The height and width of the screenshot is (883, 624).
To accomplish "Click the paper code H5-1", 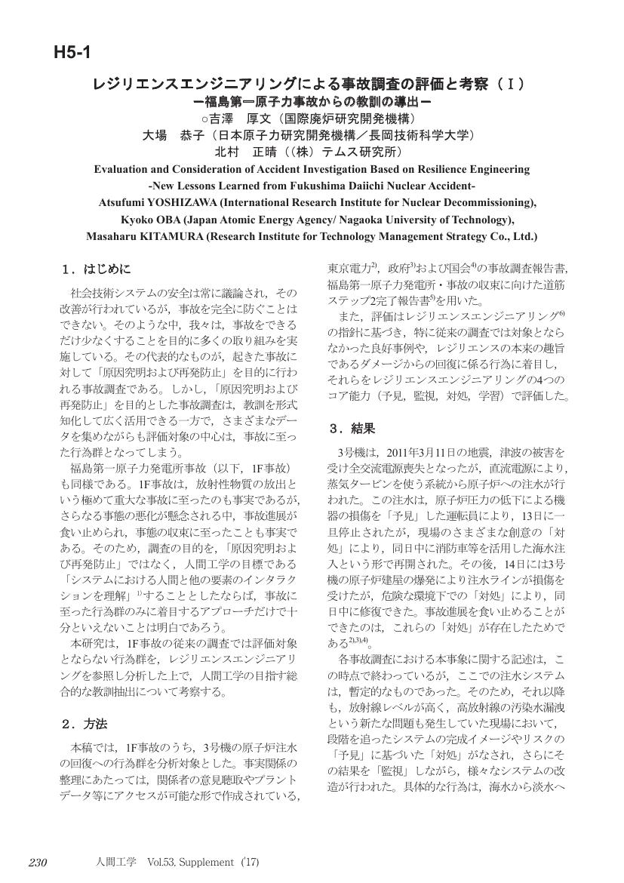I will [x=72, y=52].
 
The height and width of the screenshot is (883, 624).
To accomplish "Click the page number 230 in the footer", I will [x=38, y=862].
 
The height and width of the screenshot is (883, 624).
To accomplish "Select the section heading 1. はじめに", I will [x=96, y=269].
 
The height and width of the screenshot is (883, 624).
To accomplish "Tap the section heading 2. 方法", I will [x=84, y=724].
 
